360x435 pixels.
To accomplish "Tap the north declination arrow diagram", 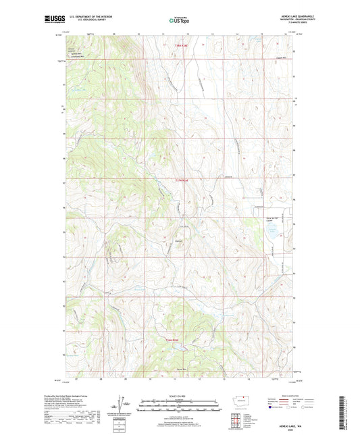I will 126,405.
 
